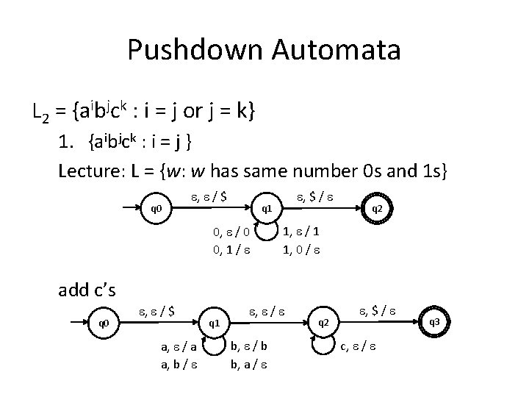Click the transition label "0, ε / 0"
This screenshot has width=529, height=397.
232,233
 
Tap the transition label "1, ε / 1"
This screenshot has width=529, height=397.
301,232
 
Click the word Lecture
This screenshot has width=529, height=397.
90,171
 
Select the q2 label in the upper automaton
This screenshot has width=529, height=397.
376,208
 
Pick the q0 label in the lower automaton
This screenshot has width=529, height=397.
104,322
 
